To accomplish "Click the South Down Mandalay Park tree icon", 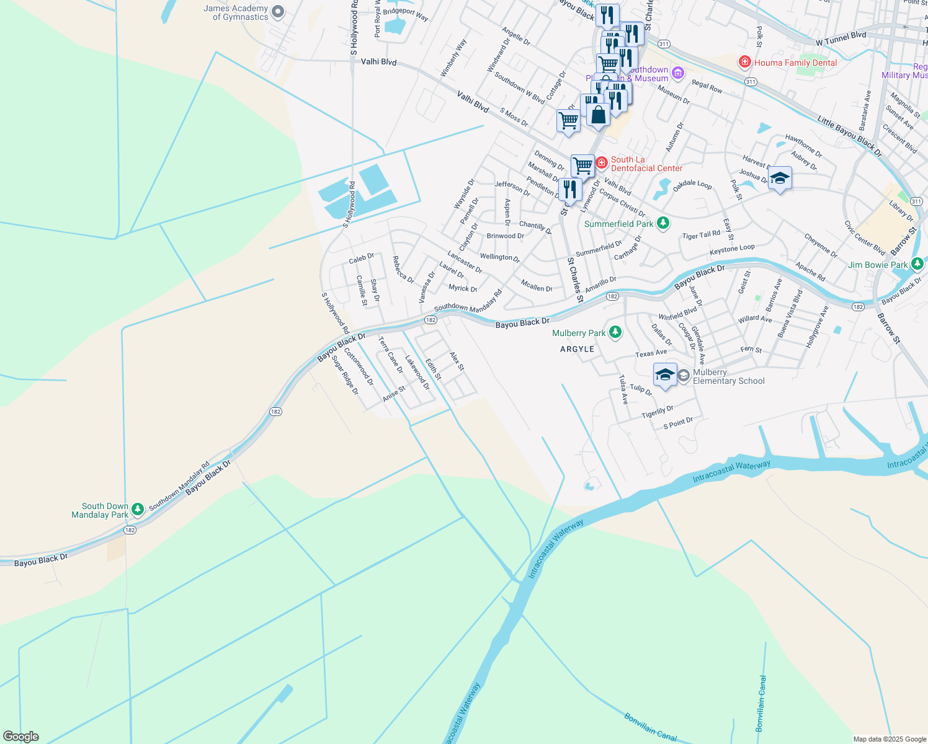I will coord(138,509).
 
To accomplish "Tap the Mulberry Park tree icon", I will coord(615,333).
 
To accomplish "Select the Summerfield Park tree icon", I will coord(663,223).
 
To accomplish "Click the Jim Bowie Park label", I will coord(878,265).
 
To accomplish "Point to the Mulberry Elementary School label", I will coord(728,377).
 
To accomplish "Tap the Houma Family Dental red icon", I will coord(744,63).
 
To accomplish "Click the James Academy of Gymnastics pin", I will coord(278,11).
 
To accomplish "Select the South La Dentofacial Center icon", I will coord(601,163).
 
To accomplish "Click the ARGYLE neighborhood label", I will coord(577,349).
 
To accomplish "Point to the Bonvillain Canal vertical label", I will coord(761,703).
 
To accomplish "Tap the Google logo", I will coord(20,737).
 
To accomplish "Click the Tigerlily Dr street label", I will coord(658,412).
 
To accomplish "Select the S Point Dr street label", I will coord(678,423).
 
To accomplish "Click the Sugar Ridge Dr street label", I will coord(345,374).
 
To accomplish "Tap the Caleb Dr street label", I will coord(361,258).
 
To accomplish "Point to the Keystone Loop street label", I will coord(732,249).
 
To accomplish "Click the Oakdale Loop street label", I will coord(692,185).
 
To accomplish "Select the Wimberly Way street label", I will coord(453,58).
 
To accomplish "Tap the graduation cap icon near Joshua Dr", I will coord(779,179).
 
